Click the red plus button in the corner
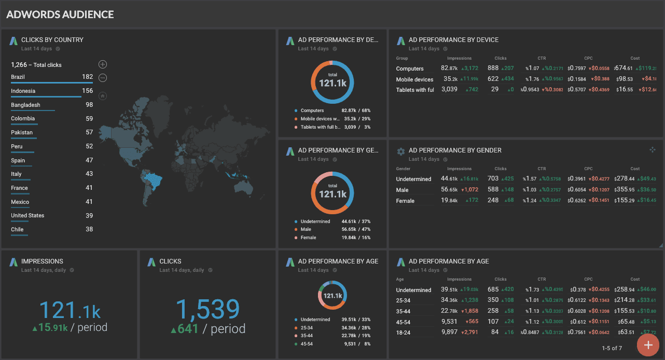647,345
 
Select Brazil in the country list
18,77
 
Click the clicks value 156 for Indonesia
87,91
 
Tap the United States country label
27,215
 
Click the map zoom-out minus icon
103,78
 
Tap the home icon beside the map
103,95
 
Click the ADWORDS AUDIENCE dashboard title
60,15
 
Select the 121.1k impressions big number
70,310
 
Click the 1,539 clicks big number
207,310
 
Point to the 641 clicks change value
188,328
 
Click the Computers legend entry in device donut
312,110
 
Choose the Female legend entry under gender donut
309,238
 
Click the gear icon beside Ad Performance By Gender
400,151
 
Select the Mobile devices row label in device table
414,79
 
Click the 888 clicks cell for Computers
493,68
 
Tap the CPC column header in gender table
588,169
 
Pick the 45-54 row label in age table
404,322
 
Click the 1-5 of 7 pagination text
612,348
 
